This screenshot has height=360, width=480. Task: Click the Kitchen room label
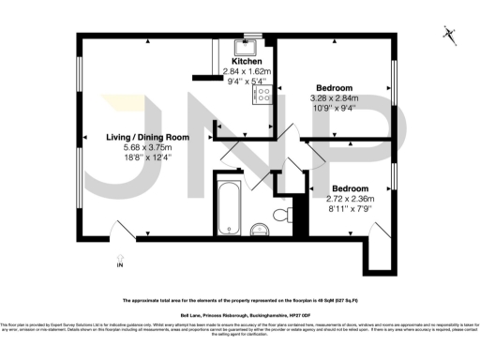click(234, 61)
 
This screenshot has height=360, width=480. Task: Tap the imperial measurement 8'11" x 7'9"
click(350, 209)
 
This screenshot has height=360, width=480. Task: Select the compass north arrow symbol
click(449, 36)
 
